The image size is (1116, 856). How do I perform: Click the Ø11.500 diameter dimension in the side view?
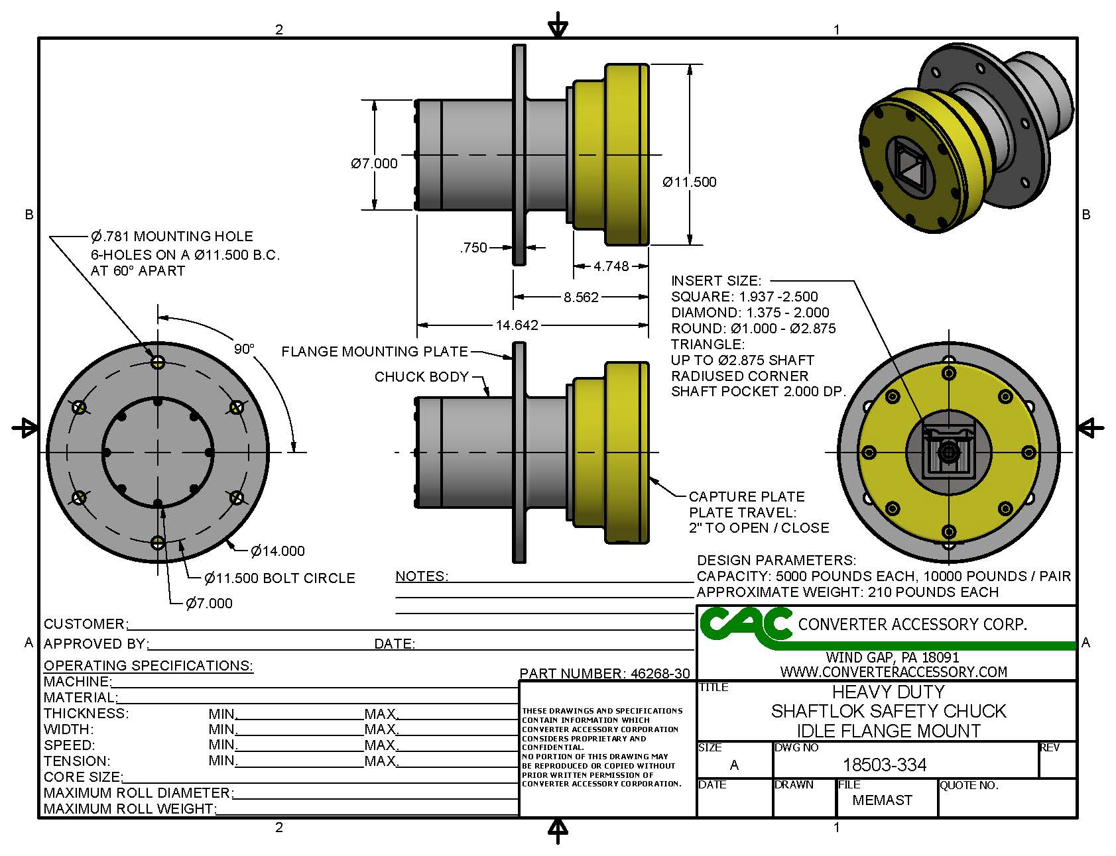(690, 182)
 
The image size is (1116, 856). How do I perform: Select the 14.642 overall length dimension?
(517, 325)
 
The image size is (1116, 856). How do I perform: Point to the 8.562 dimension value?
(581, 297)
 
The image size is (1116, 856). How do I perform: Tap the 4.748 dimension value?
(611, 266)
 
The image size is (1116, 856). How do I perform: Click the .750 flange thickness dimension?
(473, 248)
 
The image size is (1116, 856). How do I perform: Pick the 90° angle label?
(244, 349)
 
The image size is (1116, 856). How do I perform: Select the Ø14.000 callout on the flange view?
(278, 551)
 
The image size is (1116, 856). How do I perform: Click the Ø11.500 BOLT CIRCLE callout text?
(280, 578)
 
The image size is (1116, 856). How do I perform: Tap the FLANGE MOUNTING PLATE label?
(375, 352)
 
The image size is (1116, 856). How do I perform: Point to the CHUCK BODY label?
(422, 377)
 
